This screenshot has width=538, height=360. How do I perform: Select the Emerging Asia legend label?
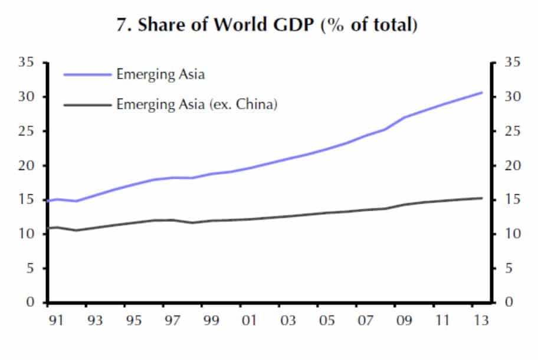(x=160, y=74)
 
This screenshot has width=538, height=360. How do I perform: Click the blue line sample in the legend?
(x=87, y=74)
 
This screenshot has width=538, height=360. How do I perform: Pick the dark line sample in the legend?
(x=87, y=105)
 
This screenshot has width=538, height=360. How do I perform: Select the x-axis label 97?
(x=172, y=321)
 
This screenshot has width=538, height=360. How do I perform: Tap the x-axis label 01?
(x=249, y=321)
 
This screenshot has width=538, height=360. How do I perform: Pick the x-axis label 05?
(x=326, y=321)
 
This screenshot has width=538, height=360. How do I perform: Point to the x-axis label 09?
(x=403, y=321)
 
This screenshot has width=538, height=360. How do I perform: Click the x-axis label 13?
(x=481, y=321)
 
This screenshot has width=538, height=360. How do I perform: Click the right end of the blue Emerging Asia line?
(x=482, y=93)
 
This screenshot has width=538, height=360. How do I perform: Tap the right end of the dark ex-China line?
(x=482, y=198)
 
